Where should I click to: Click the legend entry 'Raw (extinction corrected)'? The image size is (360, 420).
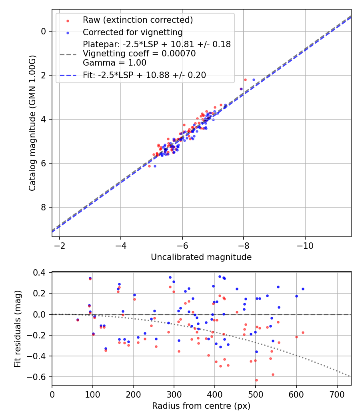pyautogui.click(x=138, y=20)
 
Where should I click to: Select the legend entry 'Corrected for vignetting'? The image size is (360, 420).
pyautogui.click(x=132, y=32)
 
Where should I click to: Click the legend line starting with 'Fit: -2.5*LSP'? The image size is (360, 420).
pyautogui.click(x=144, y=75)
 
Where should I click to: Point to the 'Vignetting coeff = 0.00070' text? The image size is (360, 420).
pyautogui.click(x=139, y=54)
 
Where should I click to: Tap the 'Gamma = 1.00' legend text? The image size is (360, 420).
pyautogui.click(x=114, y=63)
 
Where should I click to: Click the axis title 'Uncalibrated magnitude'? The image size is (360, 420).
pyautogui.click(x=201, y=257)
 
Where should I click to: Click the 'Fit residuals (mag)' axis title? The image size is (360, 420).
pyautogui.click(x=17, y=329)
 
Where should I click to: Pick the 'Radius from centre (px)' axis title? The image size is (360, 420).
pyautogui.click(x=201, y=406)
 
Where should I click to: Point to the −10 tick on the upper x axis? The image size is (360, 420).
pyautogui.click(x=305, y=245)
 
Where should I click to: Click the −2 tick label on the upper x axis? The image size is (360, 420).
pyautogui.click(x=60, y=245)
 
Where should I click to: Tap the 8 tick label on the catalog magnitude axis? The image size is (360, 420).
pyautogui.click(x=44, y=207)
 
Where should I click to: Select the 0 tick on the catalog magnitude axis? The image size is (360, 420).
pyautogui.click(x=44, y=31)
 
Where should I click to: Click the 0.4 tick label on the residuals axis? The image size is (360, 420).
pyautogui.click(x=41, y=273)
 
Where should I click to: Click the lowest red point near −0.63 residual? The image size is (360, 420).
pyautogui.click(x=256, y=380)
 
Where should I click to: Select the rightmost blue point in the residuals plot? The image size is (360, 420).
pyautogui.click(x=303, y=289)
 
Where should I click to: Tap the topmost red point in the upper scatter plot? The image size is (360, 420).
pyautogui.click(x=245, y=80)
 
